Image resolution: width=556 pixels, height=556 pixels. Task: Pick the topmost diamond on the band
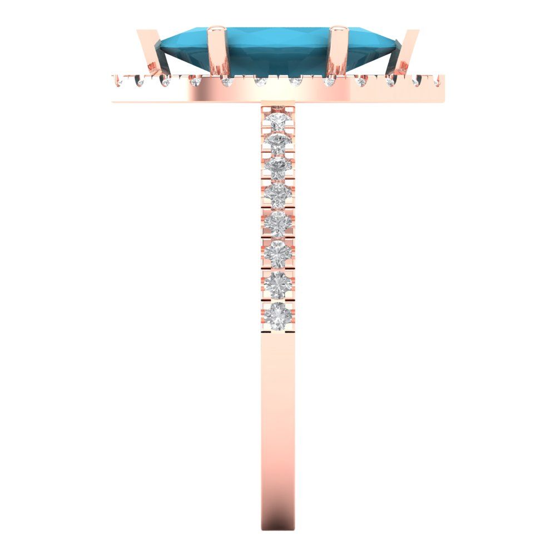[x=277, y=120]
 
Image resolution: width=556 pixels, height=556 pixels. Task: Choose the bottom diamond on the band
[x=278, y=311]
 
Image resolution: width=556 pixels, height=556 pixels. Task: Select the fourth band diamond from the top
[x=277, y=195]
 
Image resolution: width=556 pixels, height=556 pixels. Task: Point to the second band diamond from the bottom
[x=278, y=283]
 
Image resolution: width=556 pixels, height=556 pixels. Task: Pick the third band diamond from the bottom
[x=278, y=253]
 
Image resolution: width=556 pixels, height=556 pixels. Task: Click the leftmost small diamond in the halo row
[x=118, y=82]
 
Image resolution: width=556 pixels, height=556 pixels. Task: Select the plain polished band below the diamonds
[x=278, y=417]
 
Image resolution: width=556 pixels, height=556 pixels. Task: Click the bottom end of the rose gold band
[x=278, y=525]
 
